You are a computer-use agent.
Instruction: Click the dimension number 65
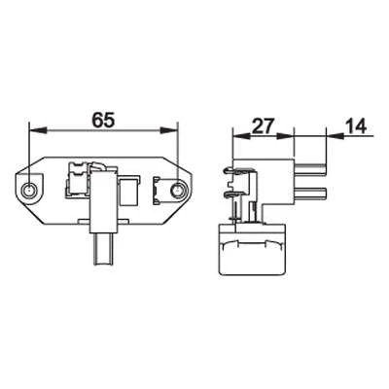tap(103, 120)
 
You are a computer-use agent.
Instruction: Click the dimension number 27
tap(264, 126)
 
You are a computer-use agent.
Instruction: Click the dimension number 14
tap(356, 126)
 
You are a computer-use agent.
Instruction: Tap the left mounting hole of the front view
tap(29, 191)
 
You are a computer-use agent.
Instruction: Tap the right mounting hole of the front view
tap(177, 191)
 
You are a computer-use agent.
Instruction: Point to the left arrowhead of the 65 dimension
tap(37, 130)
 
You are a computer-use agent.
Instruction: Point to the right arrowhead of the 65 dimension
tap(169, 130)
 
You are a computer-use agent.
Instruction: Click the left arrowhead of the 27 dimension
tap(241, 136)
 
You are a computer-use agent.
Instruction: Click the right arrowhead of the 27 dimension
tap(285, 136)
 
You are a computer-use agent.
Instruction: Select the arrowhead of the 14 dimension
tap(335, 136)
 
